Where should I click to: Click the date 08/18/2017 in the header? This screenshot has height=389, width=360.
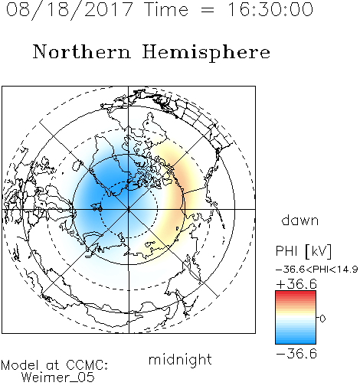(x=69, y=10)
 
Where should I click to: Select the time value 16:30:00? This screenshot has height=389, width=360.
(x=270, y=9)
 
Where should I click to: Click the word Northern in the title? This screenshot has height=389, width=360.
(x=82, y=52)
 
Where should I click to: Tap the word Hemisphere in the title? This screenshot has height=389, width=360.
(x=206, y=53)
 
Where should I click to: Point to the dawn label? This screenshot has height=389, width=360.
(x=300, y=220)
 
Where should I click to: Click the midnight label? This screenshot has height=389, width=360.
(x=180, y=359)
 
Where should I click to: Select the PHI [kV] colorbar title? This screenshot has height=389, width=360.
(x=303, y=251)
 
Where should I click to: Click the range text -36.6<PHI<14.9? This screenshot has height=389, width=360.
(x=316, y=270)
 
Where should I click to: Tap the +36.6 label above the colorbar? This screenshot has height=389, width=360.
(x=296, y=284)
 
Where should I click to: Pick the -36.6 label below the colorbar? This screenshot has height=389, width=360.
(x=296, y=354)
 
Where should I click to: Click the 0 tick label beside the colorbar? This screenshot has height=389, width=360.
(x=322, y=319)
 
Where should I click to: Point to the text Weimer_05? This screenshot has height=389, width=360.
(x=58, y=378)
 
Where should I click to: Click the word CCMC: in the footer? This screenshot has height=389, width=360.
(x=87, y=365)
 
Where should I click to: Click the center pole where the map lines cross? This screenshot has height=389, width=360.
(x=129, y=209)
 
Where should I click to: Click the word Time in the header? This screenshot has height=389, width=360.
(x=166, y=10)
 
